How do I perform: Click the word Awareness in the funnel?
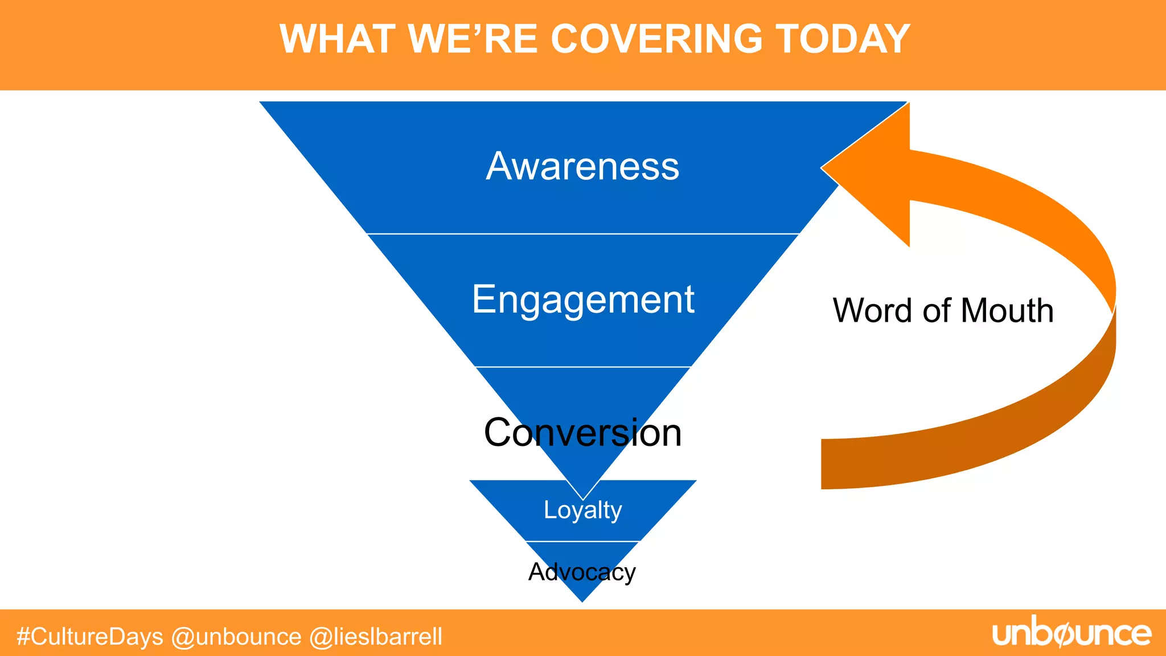point(582,166)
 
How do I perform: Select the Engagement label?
point(582,300)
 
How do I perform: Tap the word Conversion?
point(582,433)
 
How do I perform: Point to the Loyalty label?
point(582,510)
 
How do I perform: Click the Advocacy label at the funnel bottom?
point(582,572)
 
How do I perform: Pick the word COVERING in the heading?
point(656,39)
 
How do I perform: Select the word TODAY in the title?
point(843,39)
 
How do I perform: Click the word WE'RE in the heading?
point(473,39)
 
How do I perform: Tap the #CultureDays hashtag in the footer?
point(90,637)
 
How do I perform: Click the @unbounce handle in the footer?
point(236,637)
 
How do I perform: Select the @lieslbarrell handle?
point(376,637)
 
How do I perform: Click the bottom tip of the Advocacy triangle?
point(582,600)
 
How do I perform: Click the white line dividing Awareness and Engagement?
point(582,233)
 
